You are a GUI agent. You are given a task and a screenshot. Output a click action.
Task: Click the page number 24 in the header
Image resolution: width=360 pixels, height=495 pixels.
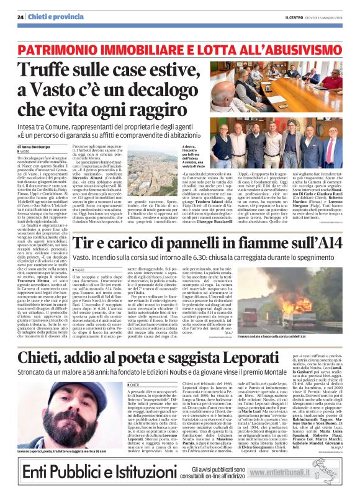click(20, 17)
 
